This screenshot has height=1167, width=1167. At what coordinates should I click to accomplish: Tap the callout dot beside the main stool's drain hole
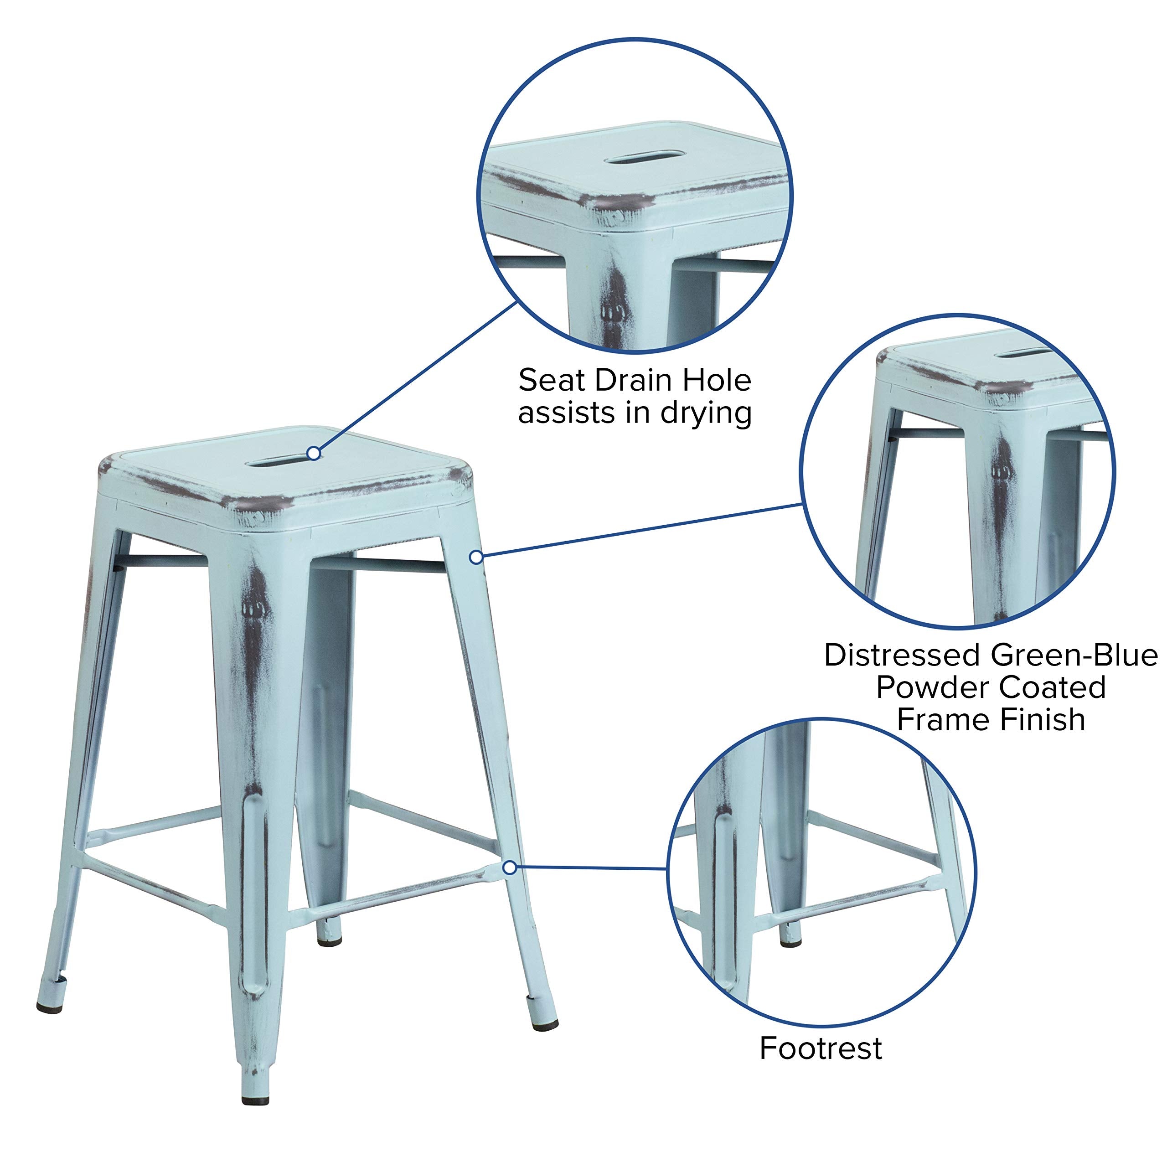pyautogui.click(x=314, y=453)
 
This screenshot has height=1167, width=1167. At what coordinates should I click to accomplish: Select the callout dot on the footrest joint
pyautogui.click(x=510, y=868)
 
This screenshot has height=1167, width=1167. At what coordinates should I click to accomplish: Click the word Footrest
pyautogui.click(x=820, y=1048)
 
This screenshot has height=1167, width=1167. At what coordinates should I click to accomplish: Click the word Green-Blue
pyautogui.click(x=1074, y=656)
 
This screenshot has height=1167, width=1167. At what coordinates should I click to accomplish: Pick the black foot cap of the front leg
pyautogui.click(x=255, y=1100)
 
